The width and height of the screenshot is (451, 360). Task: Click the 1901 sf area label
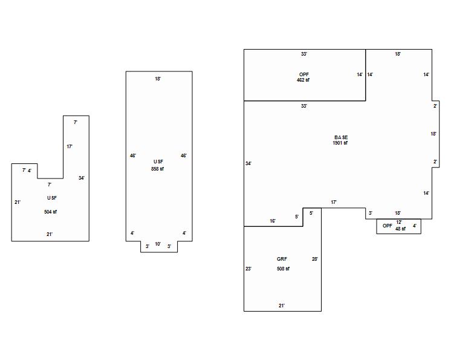pos(340,143)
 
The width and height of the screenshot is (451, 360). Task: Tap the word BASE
pos(340,137)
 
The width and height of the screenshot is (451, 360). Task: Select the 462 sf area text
pos(303,80)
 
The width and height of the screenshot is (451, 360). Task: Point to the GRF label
pos(282,259)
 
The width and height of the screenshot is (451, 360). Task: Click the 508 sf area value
pos(283,269)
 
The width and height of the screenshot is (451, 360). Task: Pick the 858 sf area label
pos(157,169)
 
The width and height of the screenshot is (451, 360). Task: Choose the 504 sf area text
pos(50,212)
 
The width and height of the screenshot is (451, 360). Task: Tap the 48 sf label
pos(400,229)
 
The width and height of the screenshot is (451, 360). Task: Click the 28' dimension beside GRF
pos(314,259)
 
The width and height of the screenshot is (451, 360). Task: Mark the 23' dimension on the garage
pos(248,269)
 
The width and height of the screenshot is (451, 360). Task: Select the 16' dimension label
pos(273,221)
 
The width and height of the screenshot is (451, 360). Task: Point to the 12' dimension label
pos(399,223)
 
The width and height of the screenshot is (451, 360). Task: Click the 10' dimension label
pos(158,244)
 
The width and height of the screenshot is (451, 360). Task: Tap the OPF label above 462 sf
pos(303,74)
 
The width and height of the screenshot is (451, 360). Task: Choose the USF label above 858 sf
pos(158,162)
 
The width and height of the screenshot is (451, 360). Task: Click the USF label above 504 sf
pos(52,198)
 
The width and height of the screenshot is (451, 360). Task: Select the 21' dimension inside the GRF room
pos(282,306)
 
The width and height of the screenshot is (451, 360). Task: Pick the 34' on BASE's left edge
pos(248,163)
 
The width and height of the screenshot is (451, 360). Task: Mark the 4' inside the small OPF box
pos(415,226)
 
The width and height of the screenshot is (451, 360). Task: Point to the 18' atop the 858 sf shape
pos(158,79)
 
